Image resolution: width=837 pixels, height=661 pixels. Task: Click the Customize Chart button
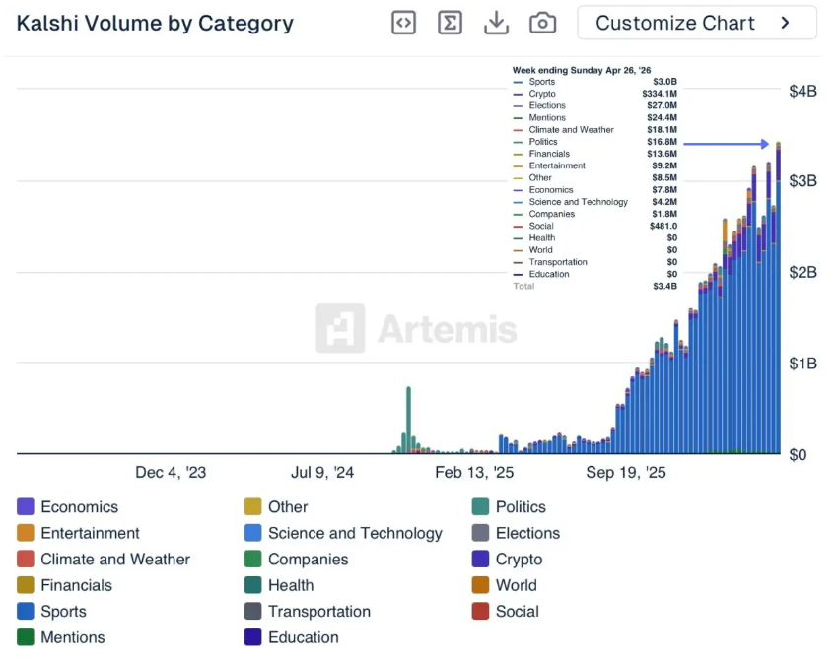click(x=696, y=23)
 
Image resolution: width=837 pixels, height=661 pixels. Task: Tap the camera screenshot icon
click(x=542, y=23)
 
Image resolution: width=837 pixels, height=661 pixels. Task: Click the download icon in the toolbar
click(x=496, y=23)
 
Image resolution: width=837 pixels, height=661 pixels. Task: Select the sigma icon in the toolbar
click(x=450, y=23)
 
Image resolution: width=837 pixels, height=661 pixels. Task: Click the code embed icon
click(x=403, y=23)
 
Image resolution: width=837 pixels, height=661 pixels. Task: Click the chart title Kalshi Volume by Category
click(x=155, y=24)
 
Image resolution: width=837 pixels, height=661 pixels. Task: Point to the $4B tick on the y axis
click(x=802, y=91)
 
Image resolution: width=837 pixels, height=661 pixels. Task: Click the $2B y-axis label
click(x=802, y=272)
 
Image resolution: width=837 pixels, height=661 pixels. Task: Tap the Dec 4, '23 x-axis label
click(x=171, y=473)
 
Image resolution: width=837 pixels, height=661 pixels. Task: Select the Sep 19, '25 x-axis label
click(x=626, y=473)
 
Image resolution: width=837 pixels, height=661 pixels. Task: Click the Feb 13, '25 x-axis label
click(x=474, y=473)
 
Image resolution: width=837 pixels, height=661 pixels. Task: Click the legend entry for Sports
click(x=63, y=611)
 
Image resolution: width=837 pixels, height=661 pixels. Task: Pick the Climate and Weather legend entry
click(x=114, y=560)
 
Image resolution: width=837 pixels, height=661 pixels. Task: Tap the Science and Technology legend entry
click(x=355, y=533)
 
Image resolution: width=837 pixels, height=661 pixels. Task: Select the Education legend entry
click(x=303, y=637)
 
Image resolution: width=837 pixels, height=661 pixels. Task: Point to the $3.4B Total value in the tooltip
click(x=664, y=287)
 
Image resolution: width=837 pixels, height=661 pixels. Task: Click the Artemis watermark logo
click(x=417, y=328)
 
